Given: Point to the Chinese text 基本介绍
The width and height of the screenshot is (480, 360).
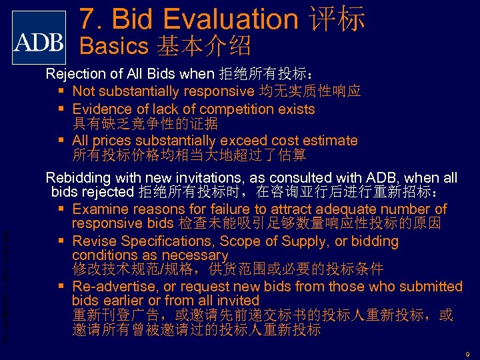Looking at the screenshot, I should click(204, 46).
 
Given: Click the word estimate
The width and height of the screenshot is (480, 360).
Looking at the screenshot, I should click(329, 141).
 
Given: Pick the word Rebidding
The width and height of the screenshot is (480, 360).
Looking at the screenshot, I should click(77, 178).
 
